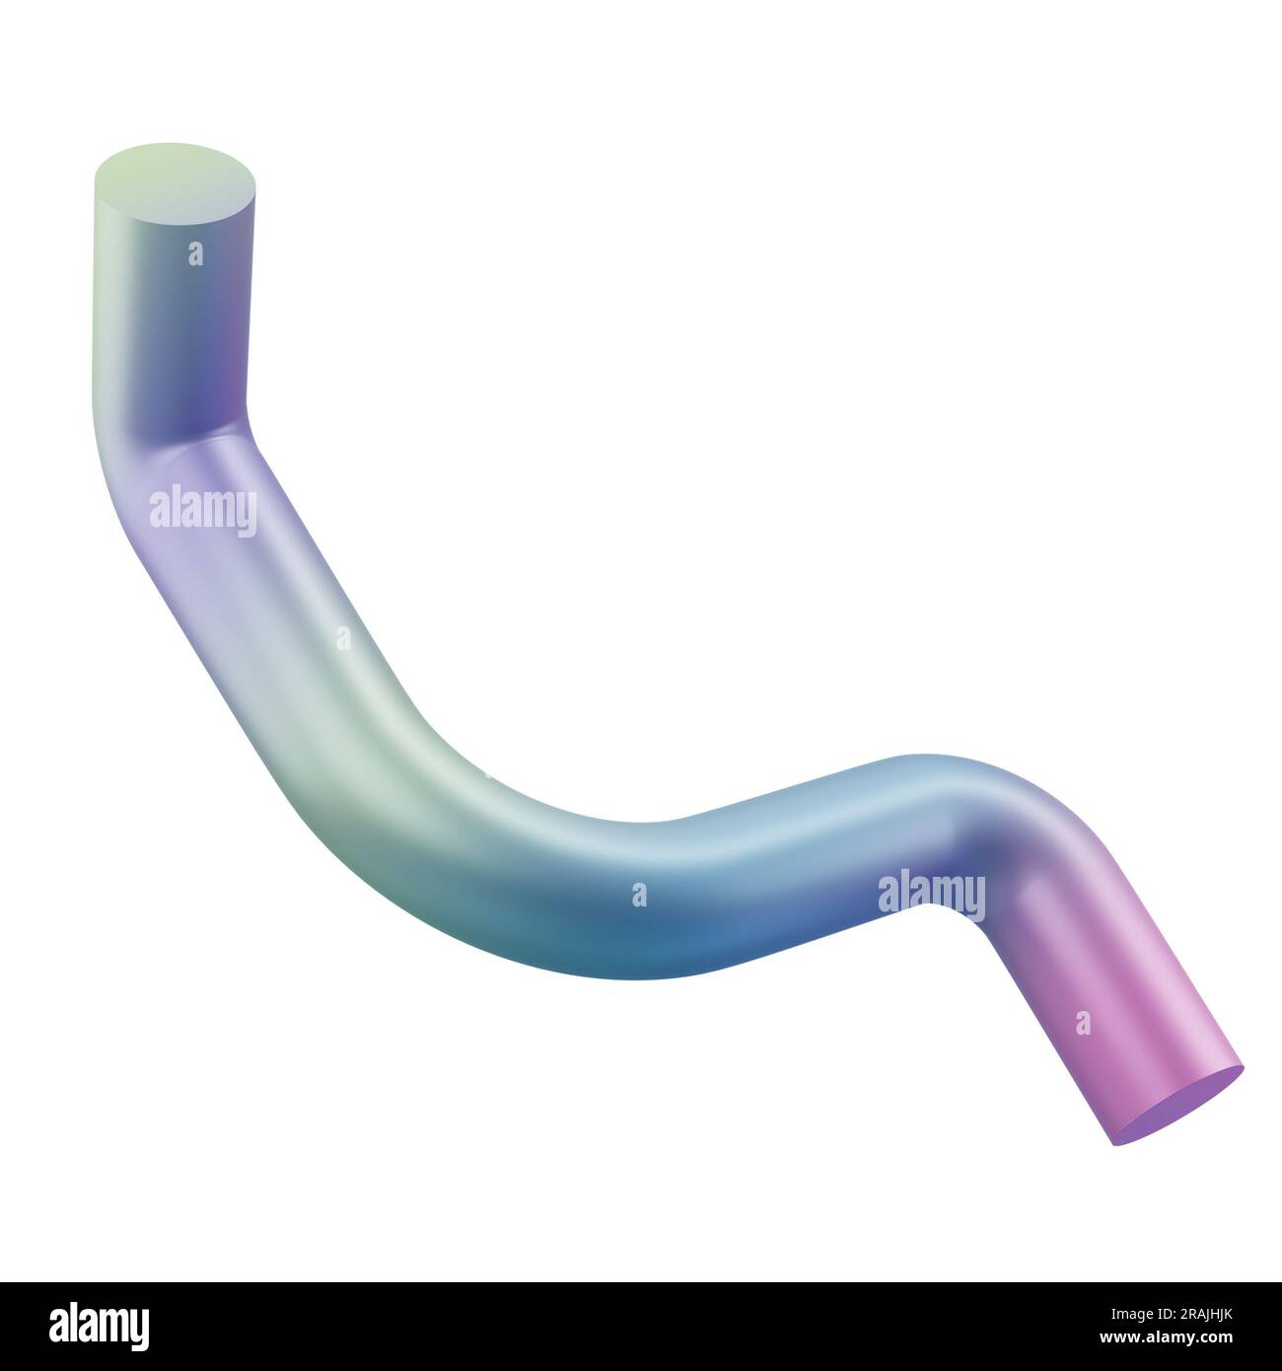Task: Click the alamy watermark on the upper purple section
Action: (x=203, y=512)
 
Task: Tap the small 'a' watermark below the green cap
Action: (x=195, y=254)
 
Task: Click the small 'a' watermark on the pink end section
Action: (x=1083, y=1023)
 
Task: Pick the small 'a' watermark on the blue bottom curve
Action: (x=639, y=895)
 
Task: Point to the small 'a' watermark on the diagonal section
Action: (x=342, y=638)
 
